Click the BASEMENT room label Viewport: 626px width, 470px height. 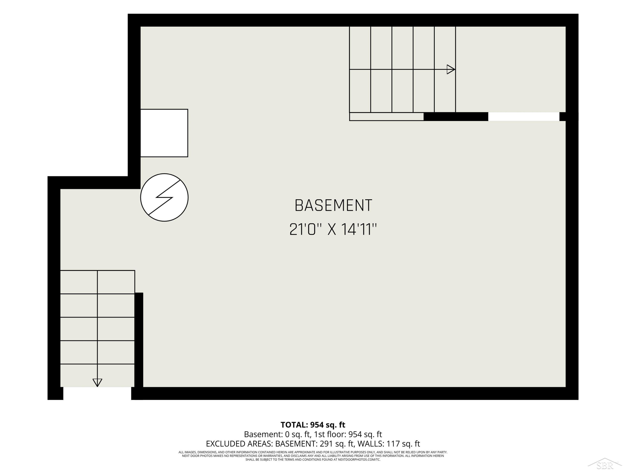click(333, 206)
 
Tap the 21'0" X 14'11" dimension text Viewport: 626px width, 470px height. click(333, 230)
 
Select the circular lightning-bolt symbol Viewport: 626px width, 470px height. click(164, 197)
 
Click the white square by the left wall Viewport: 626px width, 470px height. click(164, 133)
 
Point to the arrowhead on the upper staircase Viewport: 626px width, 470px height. click(451, 69)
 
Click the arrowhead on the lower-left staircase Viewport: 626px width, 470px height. click(97, 383)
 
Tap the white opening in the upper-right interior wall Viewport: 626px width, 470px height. click(524, 116)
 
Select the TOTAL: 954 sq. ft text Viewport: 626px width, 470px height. click(313, 425)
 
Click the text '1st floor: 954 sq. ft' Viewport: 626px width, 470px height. click(348, 434)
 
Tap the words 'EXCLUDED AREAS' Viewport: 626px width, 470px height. click(239, 444)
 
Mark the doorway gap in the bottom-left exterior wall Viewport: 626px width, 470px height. click(97, 394)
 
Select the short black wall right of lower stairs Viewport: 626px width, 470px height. click(139, 340)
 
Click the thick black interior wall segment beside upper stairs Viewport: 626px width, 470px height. click(456, 116)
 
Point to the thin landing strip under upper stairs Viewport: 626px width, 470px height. click(387, 116)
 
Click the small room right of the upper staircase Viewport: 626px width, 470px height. click(511, 69)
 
